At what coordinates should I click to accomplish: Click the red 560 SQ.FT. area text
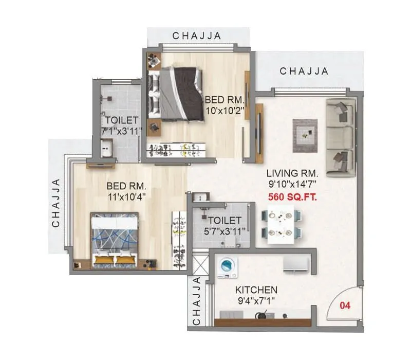(x=292, y=196)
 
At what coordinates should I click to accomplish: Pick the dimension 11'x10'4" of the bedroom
(x=127, y=196)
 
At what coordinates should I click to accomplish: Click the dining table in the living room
(x=281, y=225)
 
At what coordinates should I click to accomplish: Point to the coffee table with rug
(x=305, y=135)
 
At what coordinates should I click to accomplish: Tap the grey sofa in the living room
(x=340, y=138)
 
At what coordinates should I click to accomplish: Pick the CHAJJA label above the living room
(x=304, y=71)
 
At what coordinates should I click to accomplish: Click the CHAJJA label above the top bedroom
(x=197, y=35)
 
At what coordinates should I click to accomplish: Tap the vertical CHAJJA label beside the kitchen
(x=196, y=301)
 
